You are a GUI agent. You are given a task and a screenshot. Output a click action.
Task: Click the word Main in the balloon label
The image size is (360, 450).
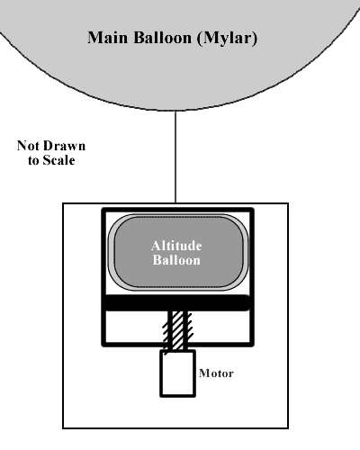(108, 38)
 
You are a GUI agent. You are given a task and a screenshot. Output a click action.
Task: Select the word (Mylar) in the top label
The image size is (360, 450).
(228, 39)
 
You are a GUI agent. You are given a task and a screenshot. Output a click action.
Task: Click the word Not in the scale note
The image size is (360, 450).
(28, 146)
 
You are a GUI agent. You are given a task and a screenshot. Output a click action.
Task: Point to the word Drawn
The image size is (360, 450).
(65, 146)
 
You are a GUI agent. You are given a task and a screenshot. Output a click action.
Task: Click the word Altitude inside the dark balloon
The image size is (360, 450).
(176, 246)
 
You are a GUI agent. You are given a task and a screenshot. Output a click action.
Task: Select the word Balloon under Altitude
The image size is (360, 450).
(176, 260)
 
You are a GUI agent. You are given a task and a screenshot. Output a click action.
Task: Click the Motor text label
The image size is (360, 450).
(216, 373)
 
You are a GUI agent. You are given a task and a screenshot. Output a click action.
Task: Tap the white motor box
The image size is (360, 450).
(178, 373)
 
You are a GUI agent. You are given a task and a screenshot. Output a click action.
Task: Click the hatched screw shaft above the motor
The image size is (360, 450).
(178, 330)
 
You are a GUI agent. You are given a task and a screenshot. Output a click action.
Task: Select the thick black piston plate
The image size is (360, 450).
(177, 302)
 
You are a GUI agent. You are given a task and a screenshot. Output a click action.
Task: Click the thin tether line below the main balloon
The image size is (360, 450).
(175, 157)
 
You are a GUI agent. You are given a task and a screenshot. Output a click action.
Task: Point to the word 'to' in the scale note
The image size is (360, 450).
(33, 160)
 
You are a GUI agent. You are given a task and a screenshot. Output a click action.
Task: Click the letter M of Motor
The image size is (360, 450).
(204, 373)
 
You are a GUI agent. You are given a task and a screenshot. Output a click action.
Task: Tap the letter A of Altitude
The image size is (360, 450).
(156, 246)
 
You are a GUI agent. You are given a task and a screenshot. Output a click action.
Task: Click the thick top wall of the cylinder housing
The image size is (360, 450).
(178, 211)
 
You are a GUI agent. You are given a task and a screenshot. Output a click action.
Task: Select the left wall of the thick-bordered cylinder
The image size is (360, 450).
(104, 277)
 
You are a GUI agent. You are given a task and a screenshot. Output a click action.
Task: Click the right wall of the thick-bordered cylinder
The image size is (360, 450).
(252, 277)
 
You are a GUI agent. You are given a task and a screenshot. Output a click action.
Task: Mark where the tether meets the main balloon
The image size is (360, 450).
(175, 111)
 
